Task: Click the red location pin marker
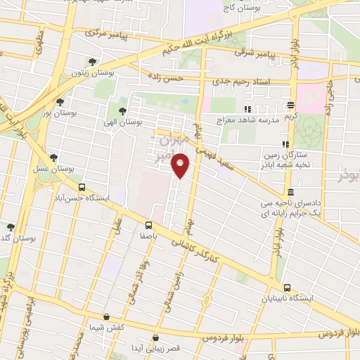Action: [x=181, y=166]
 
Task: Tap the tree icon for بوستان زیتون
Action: [x=92, y=63]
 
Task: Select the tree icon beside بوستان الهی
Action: [x=122, y=111]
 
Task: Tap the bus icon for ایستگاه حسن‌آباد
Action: [x=82, y=188]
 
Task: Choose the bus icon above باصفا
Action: [x=148, y=225]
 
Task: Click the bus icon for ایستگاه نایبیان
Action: [x=286, y=288]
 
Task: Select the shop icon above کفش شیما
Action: [x=106, y=317]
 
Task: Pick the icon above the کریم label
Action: [x=290, y=105]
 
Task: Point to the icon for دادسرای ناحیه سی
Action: [x=290, y=193]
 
